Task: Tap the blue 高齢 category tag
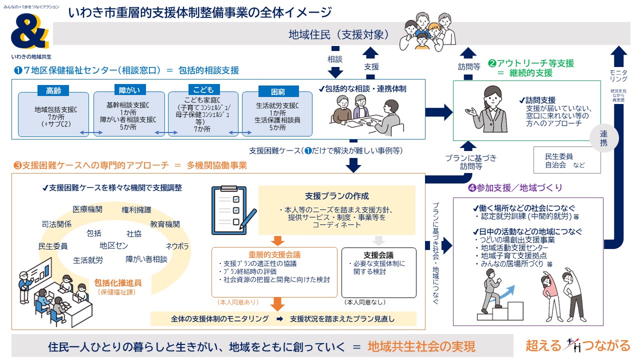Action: [53, 90]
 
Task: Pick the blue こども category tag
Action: [203, 89]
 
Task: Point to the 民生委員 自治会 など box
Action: [566, 160]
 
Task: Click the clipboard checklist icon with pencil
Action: [230, 207]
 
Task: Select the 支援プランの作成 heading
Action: [336, 195]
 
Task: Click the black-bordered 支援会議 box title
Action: [378, 254]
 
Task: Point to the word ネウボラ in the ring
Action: [177, 246]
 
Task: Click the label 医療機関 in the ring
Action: [87, 209]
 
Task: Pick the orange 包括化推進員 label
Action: [117, 282]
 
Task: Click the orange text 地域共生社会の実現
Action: [421, 346]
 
